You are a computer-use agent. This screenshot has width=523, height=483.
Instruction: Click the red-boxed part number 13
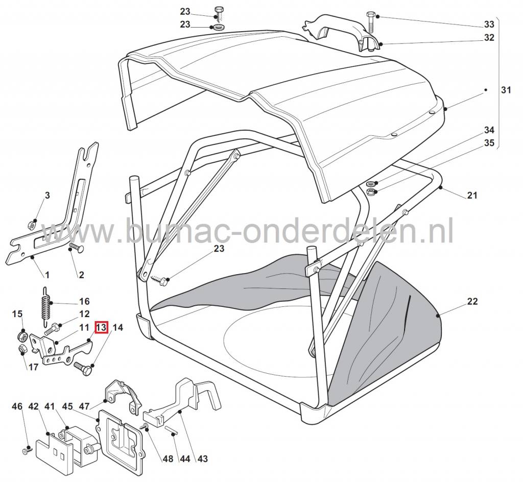click(x=101, y=327)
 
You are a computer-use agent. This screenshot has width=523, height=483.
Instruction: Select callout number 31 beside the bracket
click(x=506, y=90)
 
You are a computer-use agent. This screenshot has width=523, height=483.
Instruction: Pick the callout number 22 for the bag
click(x=472, y=302)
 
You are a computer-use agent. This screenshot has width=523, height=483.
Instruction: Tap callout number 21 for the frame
click(x=472, y=195)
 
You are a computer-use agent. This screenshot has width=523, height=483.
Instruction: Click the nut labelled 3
click(x=31, y=224)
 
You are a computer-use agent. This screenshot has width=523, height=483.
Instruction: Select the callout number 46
click(x=17, y=406)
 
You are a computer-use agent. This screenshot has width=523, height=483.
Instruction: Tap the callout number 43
click(x=202, y=459)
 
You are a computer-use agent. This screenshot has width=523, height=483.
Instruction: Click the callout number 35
click(x=489, y=143)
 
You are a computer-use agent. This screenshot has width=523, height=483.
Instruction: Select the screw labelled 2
click(x=75, y=248)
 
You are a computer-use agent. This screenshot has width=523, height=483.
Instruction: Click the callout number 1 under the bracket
click(x=46, y=275)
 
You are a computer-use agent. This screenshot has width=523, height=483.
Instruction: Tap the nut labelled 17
click(x=22, y=349)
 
